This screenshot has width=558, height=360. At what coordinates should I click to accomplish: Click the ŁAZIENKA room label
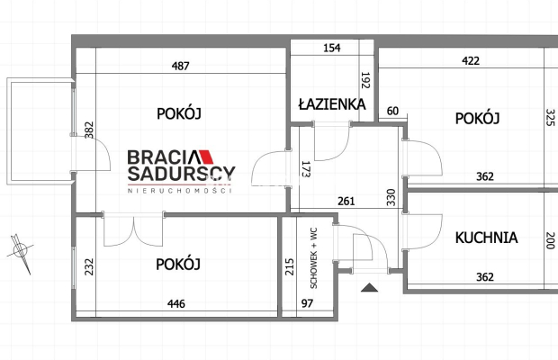click(x=332, y=104)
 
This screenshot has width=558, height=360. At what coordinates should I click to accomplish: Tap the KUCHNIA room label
click(x=487, y=238)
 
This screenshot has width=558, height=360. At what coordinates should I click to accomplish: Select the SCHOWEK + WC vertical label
click(x=313, y=258)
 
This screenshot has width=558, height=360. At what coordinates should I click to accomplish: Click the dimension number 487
click(x=180, y=66)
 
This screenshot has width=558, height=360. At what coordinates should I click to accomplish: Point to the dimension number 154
click(x=332, y=48)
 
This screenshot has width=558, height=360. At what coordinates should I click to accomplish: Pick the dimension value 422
click(x=471, y=61)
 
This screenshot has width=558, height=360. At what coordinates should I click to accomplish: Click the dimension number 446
click(x=176, y=303)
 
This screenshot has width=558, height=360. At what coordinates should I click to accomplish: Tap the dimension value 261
click(x=346, y=202)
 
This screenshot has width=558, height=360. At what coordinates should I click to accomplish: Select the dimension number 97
click(x=307, y=303)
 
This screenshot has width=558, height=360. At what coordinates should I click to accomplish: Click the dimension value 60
click(x=392, y=111)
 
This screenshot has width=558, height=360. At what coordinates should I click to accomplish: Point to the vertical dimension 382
click(x=89, y=130)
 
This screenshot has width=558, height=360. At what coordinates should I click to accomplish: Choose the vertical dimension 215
click(x=290, y=266)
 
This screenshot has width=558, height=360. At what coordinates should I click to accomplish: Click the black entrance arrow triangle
click(x=369, y=287)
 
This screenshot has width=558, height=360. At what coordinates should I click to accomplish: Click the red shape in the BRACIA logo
click(x=206, y=157)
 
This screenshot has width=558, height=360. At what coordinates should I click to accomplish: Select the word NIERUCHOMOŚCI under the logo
click(x=180, y=191)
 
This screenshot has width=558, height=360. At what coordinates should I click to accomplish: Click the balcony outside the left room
click(x=40, y=131)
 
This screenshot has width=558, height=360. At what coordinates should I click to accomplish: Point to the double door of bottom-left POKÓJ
click(x=133, y=229)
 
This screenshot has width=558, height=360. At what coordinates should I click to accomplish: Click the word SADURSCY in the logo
click(x=182, y=173)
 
